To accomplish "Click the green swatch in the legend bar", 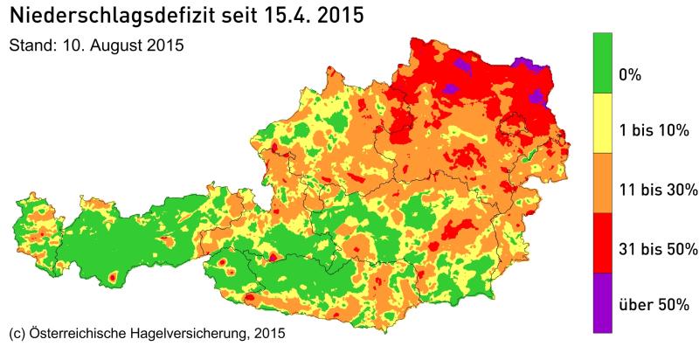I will pyautogui.click(x=601, y=62).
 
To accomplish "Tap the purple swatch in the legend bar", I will pyautogui.click(x=601, y=302).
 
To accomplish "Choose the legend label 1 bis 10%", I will pyautogui.click(x=654, y=132).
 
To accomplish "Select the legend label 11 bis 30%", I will pyautogui.click(x=657, y=190).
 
